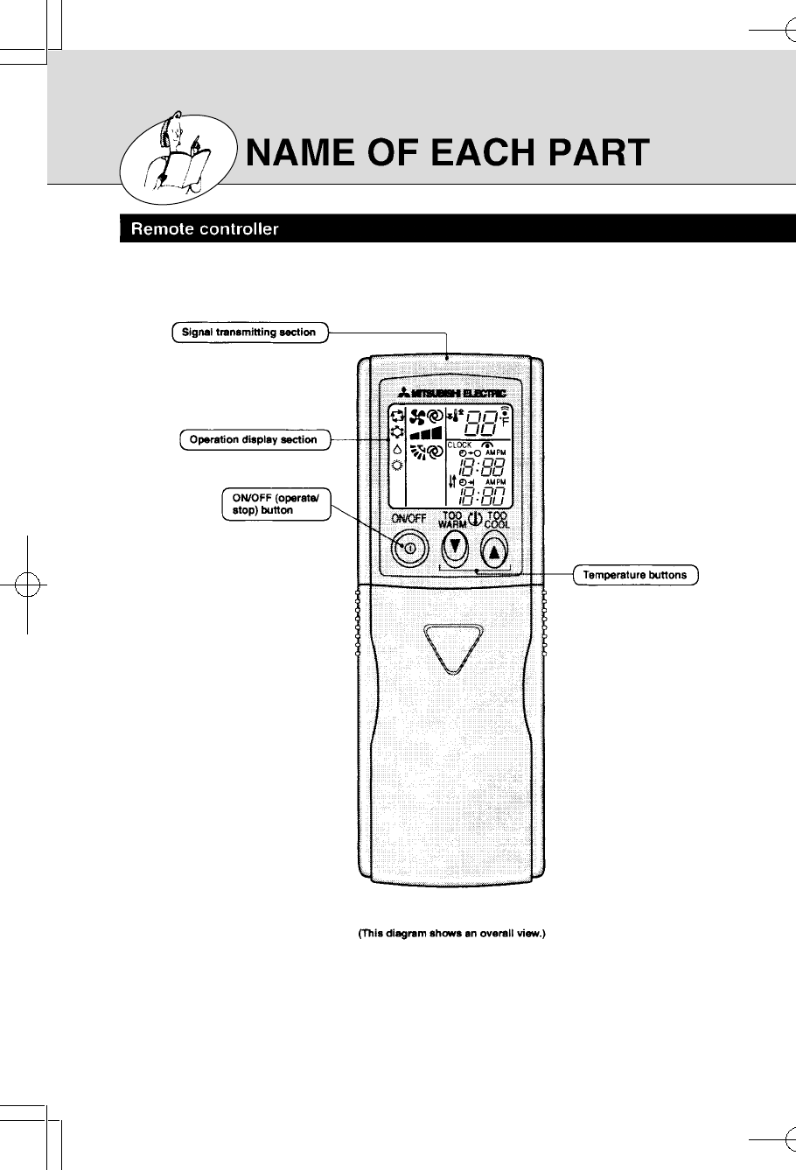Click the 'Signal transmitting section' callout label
(249, 333)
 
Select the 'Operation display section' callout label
(254, 439)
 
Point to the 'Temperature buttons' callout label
(635, 575)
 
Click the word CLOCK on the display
(461, 445)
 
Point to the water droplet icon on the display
(397, 447)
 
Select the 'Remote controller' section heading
(205, 230)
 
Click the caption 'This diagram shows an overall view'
(452, 933)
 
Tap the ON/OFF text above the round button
(408, 519)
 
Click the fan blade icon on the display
(419, 416)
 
